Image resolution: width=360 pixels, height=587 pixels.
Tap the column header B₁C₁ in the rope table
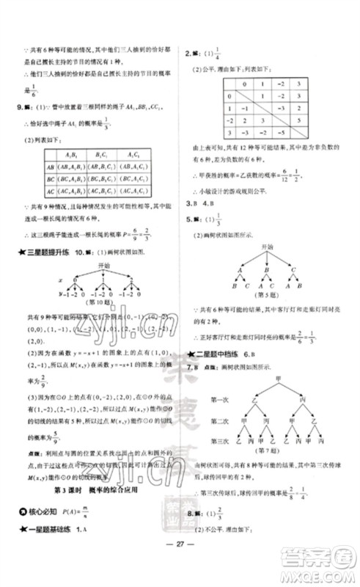click(x=105, y=153)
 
